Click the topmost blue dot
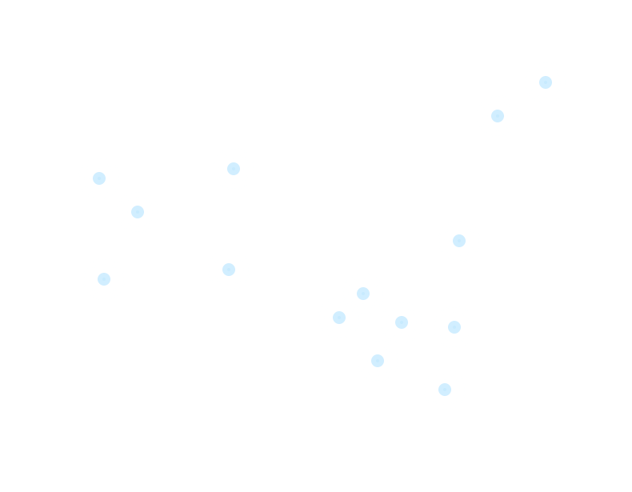click(546, 82)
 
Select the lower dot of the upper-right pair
click(498, 116)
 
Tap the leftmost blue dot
click(99, 178)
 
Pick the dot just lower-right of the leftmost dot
click(138, 212)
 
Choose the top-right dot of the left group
click(234, 169)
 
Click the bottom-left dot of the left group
click(104, 279)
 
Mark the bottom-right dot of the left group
click(229, 270)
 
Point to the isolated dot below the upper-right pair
click(459, 241)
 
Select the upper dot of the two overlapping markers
click(363, 294)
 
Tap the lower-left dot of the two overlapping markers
click(339, 318)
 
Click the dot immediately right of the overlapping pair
click(402, 322)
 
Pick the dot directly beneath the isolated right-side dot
click(454, 327)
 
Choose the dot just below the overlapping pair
click(378, 361)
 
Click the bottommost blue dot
click(445, 390)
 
